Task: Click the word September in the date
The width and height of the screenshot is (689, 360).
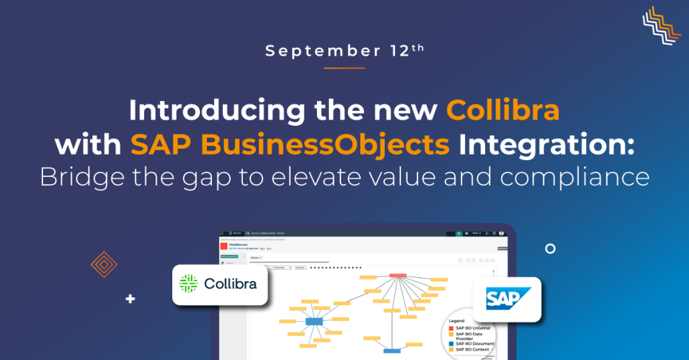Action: [x=302, y=51]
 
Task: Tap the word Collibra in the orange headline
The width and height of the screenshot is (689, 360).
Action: [x=503, y=110]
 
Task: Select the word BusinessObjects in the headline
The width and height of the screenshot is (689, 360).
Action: [x=291, y=144]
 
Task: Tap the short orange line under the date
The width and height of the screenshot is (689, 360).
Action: [x=344, y=67]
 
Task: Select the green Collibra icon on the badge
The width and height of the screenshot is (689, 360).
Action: [x=188, y=284]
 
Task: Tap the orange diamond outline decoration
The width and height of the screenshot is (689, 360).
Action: [x=104, y=264]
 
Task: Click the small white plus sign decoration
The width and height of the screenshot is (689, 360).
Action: [x=130, y=299]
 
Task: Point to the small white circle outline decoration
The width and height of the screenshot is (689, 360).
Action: [x=550, y=248]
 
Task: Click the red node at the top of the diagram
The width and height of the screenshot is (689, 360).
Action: [x=397, y=275]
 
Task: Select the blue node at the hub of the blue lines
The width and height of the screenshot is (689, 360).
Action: [x=314, y=322]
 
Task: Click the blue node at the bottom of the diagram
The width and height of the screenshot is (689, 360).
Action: [x=392, y=351]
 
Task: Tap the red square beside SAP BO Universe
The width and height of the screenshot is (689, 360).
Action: [x=451, y=328]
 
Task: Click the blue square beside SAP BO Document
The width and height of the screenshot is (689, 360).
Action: [x=451, y=344]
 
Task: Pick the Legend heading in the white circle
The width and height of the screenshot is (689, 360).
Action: [x=458, y=320]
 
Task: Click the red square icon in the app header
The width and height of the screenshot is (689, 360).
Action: [x=225, y=246]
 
